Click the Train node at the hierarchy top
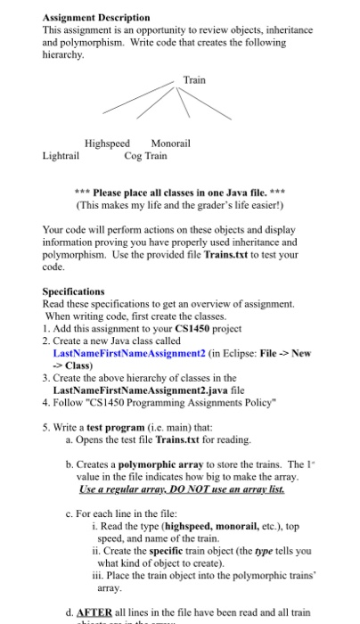point(194,80)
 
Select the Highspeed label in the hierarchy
point(107,143)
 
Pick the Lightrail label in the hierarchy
point(60,155)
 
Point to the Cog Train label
point(144,155)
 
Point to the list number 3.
point(45,378)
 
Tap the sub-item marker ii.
point(95,552)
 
